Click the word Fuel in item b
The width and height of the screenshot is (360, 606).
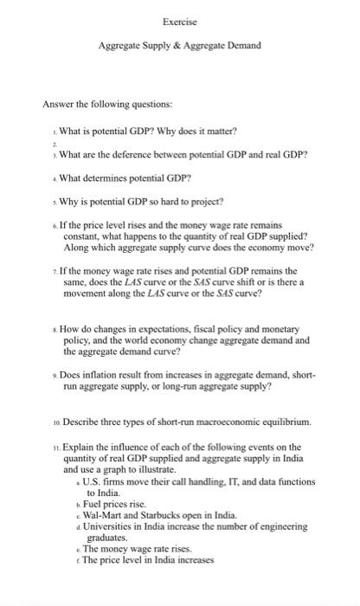[90, 503]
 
